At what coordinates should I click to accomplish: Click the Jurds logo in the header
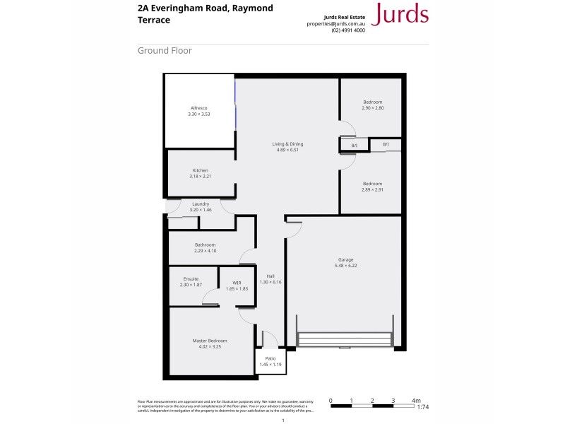point(400,13)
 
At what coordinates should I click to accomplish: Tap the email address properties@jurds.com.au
point(335,23)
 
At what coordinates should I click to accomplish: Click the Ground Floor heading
point(165,51)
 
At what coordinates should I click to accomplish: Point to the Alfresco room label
point(199,108)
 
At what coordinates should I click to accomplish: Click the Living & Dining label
point(287,144)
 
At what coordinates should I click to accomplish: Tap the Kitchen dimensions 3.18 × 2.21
point(201,176)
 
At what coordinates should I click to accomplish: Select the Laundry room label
point(201,204)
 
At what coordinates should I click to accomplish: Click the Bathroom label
point(205,245)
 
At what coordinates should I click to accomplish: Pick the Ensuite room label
point(191,278)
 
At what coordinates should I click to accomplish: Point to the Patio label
point(270,358)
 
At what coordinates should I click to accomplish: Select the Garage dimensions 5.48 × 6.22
point(345,266)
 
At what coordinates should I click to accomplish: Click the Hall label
point(270,276)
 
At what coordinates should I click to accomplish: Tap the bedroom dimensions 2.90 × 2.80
point(372,107)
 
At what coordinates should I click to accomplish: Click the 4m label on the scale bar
point(416,400)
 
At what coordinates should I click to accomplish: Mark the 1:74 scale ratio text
point(423,408)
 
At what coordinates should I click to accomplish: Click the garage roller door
point(345,339)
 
